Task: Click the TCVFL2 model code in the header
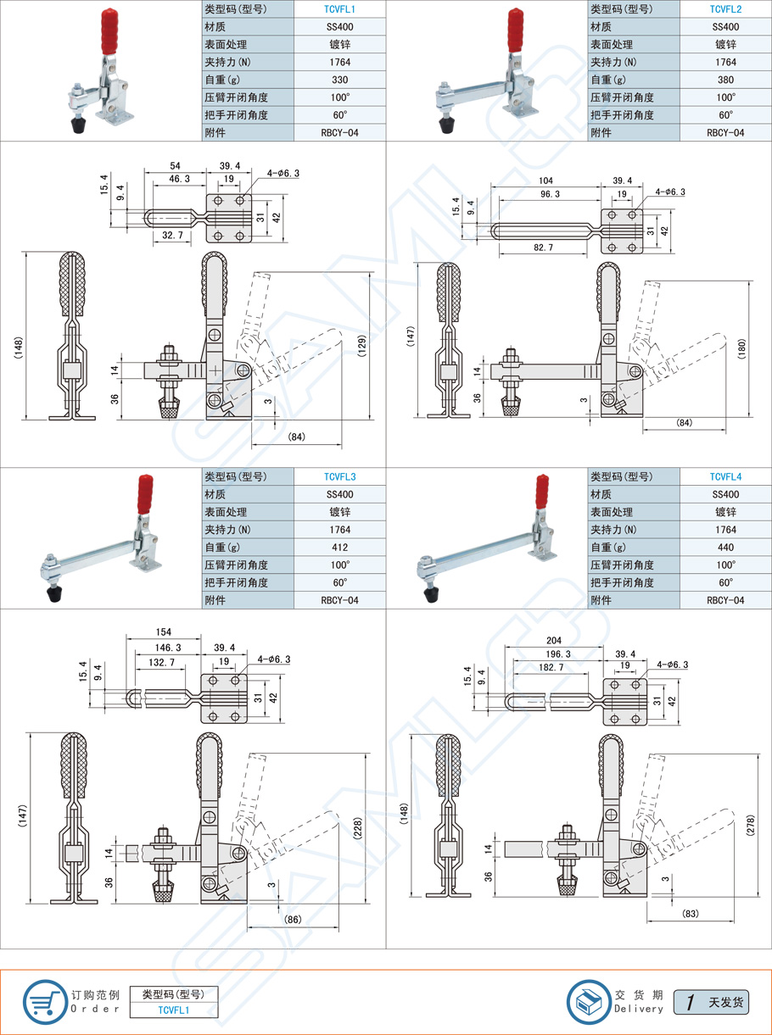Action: click(x=725, y=8)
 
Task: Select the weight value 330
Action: click(x=339, y=80)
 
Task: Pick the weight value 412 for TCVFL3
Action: click(x=339, y=547)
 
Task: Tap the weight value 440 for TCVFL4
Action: click(x=725, y=547)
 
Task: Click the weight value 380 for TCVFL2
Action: click(x=725, y=80)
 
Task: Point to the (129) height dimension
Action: click(x=363, y=345)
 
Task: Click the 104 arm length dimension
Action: click(x=546, y=181)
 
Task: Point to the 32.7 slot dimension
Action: click(x=172, y=235)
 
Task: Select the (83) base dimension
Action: click(x=691, y=914)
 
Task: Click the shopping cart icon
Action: click(x=43, y=1001)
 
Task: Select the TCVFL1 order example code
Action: click(x=174, y=1010)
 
